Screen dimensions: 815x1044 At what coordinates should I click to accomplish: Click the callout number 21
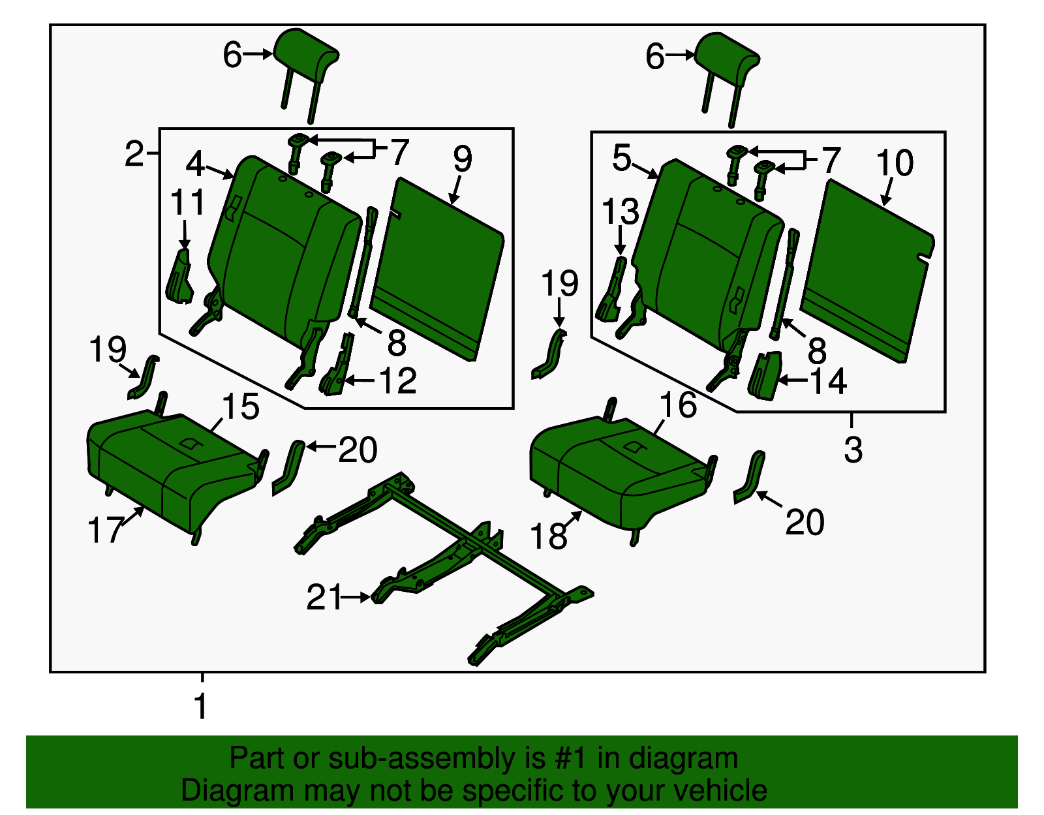[x=324, y=597]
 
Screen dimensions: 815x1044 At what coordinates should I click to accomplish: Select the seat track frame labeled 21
[x=457, y=548]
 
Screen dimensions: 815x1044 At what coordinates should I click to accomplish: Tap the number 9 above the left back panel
[x=462, y=159]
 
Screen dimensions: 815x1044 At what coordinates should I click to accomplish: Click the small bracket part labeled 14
[x=765, y=376]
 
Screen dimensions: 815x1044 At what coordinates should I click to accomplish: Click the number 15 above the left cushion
[x=241, y=407]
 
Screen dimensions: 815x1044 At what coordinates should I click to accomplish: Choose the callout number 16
[x=678, y=405]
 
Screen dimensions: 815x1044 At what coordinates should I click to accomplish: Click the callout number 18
[x=548, y=536]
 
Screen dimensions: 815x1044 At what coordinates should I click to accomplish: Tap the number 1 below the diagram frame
[x=201, y=706]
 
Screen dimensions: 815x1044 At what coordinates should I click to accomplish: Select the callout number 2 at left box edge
[x=133, y=154]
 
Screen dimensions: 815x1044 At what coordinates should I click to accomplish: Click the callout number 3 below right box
[x=853, y=450]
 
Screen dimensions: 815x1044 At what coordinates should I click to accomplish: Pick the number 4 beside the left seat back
[x=195, y=163]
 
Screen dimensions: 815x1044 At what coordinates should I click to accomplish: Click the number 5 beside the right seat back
[x=621, y=158]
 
